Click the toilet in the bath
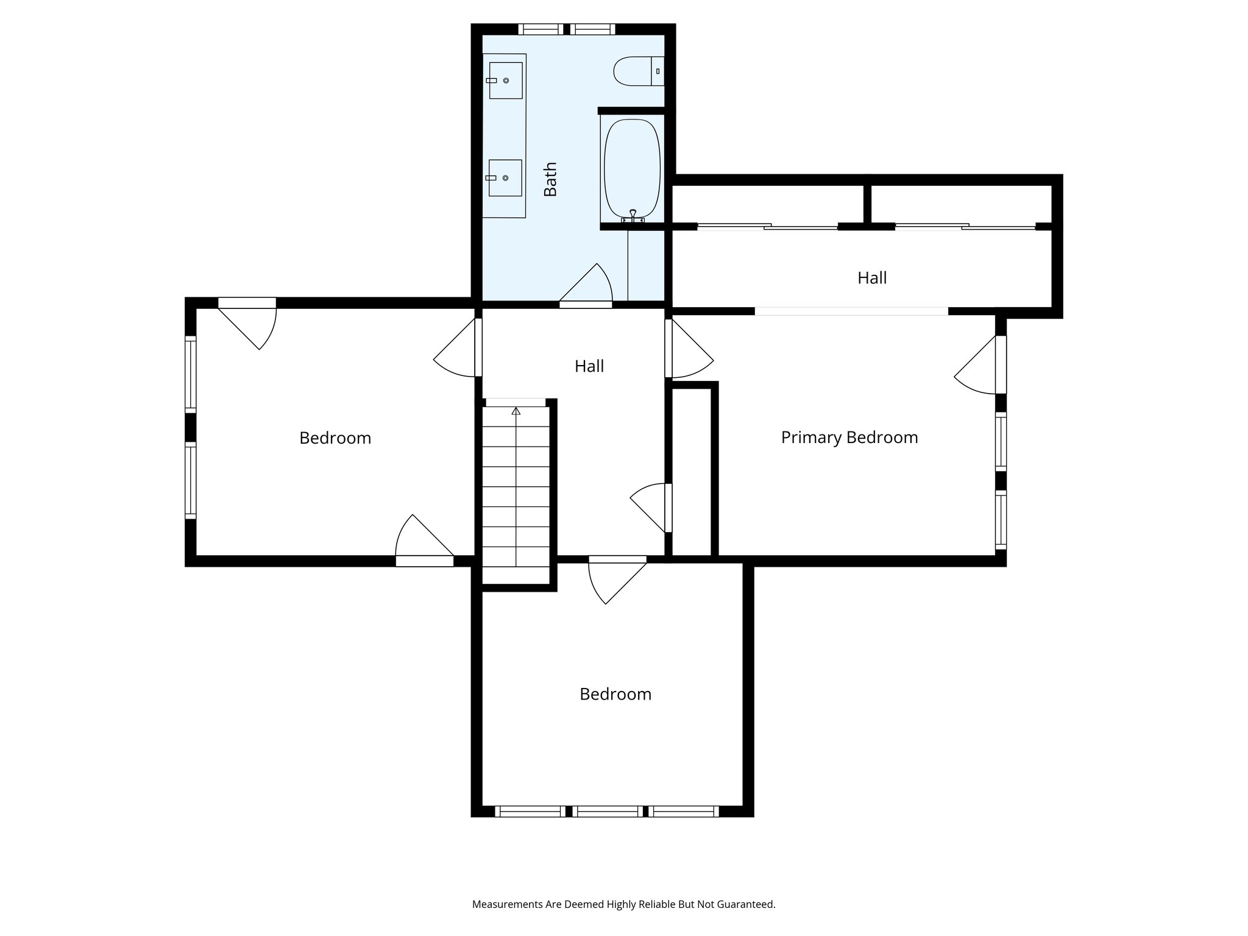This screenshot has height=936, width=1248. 637,71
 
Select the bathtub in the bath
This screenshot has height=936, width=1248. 632,169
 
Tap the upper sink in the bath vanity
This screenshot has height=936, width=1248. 506,80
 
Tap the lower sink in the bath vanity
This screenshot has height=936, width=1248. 505,178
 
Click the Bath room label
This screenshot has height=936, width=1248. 550,179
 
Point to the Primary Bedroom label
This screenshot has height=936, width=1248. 849,438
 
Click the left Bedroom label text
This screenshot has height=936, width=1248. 335,438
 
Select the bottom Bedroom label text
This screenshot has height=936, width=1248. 615,694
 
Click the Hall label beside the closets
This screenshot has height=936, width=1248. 871,278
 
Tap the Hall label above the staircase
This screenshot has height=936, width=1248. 589,366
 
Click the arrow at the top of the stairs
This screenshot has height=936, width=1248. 516,411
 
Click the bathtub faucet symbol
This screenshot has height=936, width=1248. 633,216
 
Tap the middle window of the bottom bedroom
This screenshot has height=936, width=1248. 607,811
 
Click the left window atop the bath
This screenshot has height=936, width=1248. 541,29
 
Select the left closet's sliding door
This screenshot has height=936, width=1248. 767,227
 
